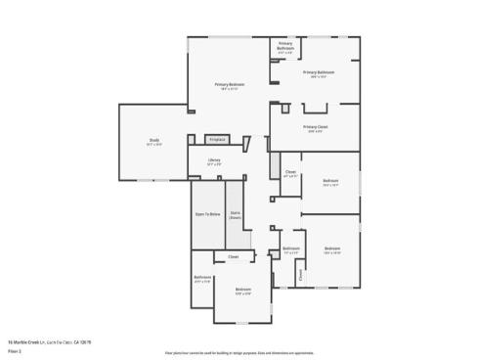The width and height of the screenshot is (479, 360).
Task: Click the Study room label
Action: point(154,140)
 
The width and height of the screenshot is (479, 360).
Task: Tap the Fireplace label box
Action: point(217,140)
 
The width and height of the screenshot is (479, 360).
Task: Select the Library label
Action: point(214,160)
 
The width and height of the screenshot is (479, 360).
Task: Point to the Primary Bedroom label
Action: point(231,84)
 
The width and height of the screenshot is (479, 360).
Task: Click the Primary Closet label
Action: point(315,127)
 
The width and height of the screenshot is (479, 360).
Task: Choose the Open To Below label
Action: point(207,213)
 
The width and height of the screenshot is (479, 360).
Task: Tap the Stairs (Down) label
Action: point(236,214)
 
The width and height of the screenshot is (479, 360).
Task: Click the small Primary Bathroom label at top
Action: point(285,45)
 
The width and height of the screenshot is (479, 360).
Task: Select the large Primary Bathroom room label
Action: point(319,72)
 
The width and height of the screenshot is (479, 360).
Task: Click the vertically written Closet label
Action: point(301,275)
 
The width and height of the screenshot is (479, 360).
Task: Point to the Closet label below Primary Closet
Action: point(290,172)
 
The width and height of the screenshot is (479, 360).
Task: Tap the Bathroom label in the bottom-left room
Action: point(202,278)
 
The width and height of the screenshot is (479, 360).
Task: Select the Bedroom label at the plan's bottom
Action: point(243,290)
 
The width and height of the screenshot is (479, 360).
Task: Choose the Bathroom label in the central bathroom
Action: point(291,248)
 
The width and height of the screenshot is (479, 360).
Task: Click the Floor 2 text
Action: point(15,349)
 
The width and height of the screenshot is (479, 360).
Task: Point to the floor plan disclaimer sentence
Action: point(239,351)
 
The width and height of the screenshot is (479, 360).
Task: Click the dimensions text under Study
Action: point(154,145)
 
